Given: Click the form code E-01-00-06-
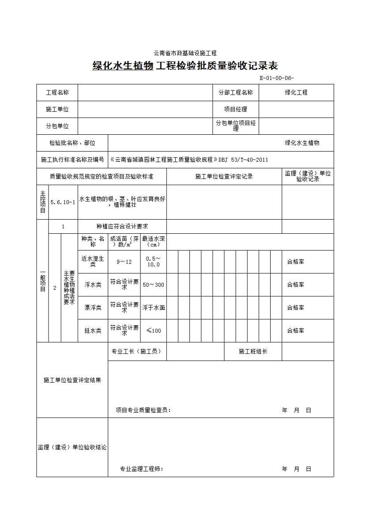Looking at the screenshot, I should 276,78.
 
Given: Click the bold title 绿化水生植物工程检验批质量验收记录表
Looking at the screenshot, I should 185,66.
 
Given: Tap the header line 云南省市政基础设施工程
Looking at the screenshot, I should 185,53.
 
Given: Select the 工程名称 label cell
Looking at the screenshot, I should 57,92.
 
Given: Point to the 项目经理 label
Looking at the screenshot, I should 236,109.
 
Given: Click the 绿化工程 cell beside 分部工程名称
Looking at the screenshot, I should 296,92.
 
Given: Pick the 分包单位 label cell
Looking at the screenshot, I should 57,126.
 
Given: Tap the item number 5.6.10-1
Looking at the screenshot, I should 63,202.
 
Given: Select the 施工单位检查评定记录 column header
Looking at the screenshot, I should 224,176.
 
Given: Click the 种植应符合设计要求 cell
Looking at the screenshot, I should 122,226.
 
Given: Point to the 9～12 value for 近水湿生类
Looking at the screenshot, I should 124,262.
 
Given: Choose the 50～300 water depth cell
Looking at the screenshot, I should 153,285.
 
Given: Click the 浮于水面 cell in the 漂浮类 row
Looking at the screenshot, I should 153,308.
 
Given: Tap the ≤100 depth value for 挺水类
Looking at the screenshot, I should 153,330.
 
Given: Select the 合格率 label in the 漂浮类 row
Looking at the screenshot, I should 295,308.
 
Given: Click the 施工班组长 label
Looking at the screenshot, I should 253,351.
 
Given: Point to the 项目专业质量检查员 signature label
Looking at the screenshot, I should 143,410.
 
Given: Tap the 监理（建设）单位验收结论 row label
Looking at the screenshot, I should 72,447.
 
